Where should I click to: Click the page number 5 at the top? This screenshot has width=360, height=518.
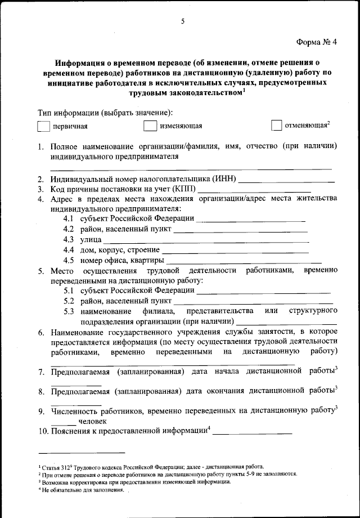(183, 21)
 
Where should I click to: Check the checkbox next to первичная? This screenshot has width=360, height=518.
(43, 126)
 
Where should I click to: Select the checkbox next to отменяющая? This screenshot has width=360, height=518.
(276, 125)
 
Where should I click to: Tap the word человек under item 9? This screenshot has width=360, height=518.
(91, 421)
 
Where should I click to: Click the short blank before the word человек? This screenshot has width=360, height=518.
(62, 422)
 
